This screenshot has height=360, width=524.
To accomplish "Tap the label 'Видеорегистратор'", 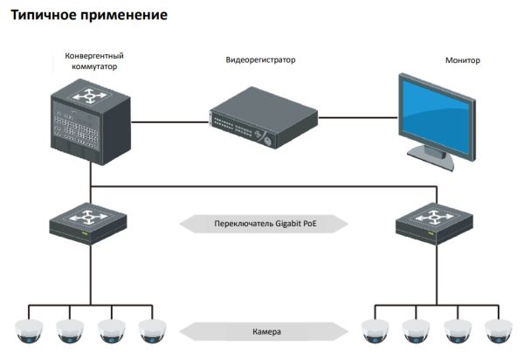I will [259, 60].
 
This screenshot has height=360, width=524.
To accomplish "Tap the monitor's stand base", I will [434, 155].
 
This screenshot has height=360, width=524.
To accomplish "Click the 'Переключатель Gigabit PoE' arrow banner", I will [263, 224].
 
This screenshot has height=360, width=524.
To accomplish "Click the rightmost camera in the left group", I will [152, 330].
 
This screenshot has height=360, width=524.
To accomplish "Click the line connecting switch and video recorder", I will [170, 121].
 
